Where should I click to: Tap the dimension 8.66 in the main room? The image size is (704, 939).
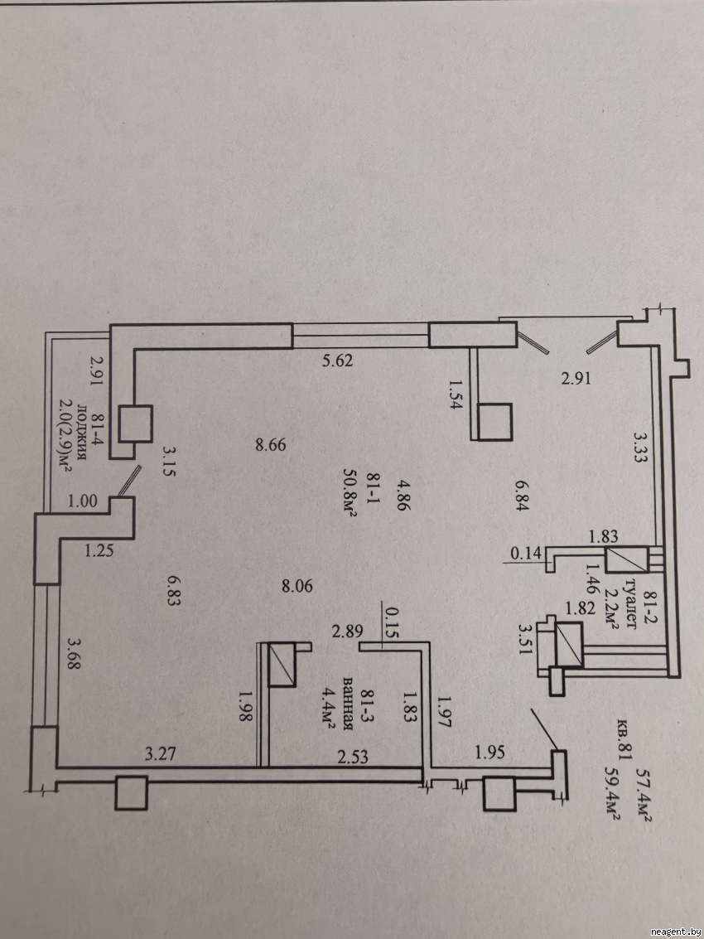[271, 444]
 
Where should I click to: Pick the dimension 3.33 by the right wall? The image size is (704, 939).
[639, 448]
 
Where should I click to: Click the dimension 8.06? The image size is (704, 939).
[297, 587]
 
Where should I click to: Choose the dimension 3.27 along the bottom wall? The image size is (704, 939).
[161, 753]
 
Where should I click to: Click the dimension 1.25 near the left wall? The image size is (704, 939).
[99, 548]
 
